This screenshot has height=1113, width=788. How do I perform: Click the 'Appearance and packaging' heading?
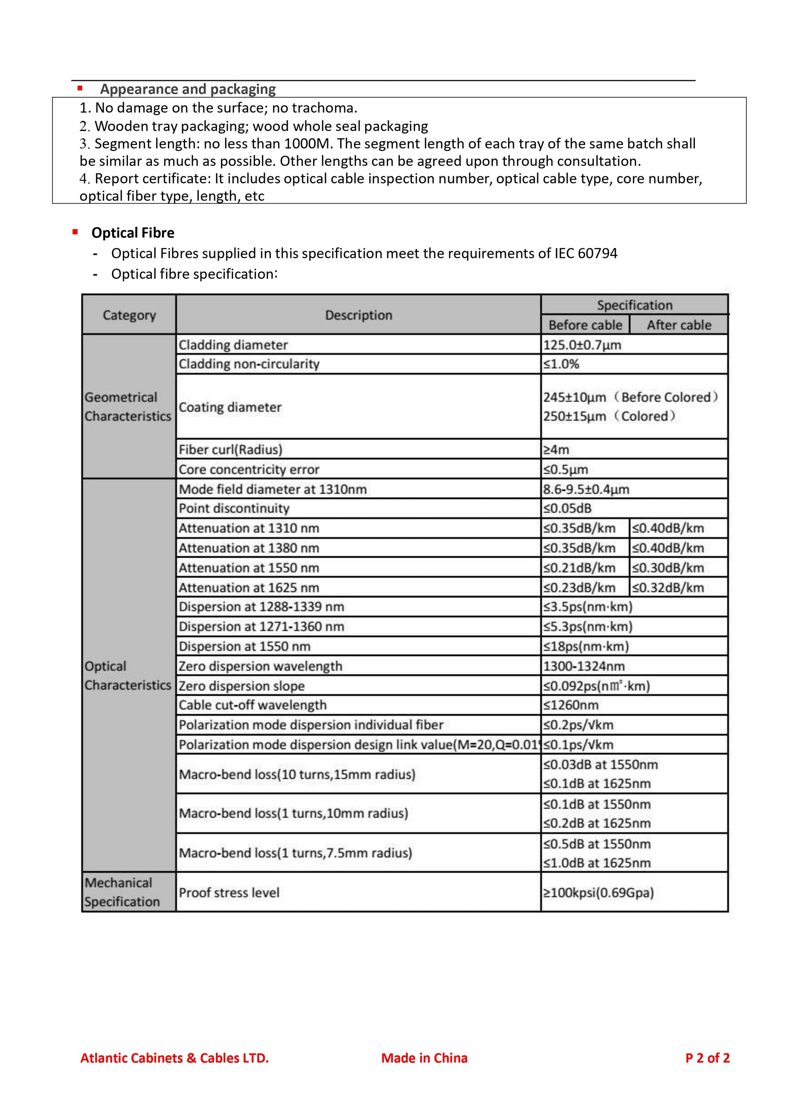tap(187, 89)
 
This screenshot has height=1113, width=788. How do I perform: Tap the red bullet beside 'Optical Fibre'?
tap(75, 232)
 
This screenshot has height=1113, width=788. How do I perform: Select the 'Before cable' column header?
tap(585, 325)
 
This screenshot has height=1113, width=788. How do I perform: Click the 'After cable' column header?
tap(678, 325)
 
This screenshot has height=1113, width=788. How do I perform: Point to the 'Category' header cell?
tap(129, 315)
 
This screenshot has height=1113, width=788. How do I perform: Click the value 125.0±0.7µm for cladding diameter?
tap(582, 345)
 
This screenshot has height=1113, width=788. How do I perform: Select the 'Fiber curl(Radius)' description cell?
tap(230, 449)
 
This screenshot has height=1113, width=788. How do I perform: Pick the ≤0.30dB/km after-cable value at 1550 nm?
tap(668, 568)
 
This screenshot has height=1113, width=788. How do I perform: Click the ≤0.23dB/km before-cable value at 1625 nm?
tap(579, 588)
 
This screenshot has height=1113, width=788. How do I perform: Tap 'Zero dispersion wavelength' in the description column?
tap(260, 666)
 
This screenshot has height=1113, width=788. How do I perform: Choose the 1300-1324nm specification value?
tap(584, 666)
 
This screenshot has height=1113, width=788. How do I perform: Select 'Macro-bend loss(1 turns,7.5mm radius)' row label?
tap(296, 853)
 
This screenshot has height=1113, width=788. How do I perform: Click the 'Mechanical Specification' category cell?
tap(122, 892)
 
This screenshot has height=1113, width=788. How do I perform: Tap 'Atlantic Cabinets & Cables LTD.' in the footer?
tap(174, 1058)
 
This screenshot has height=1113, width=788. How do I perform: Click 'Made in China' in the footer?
tap(424, 1058)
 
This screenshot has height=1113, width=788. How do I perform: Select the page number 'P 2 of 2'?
tap(707, 1058)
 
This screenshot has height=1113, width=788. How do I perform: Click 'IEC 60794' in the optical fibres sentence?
tap(586, 254)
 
